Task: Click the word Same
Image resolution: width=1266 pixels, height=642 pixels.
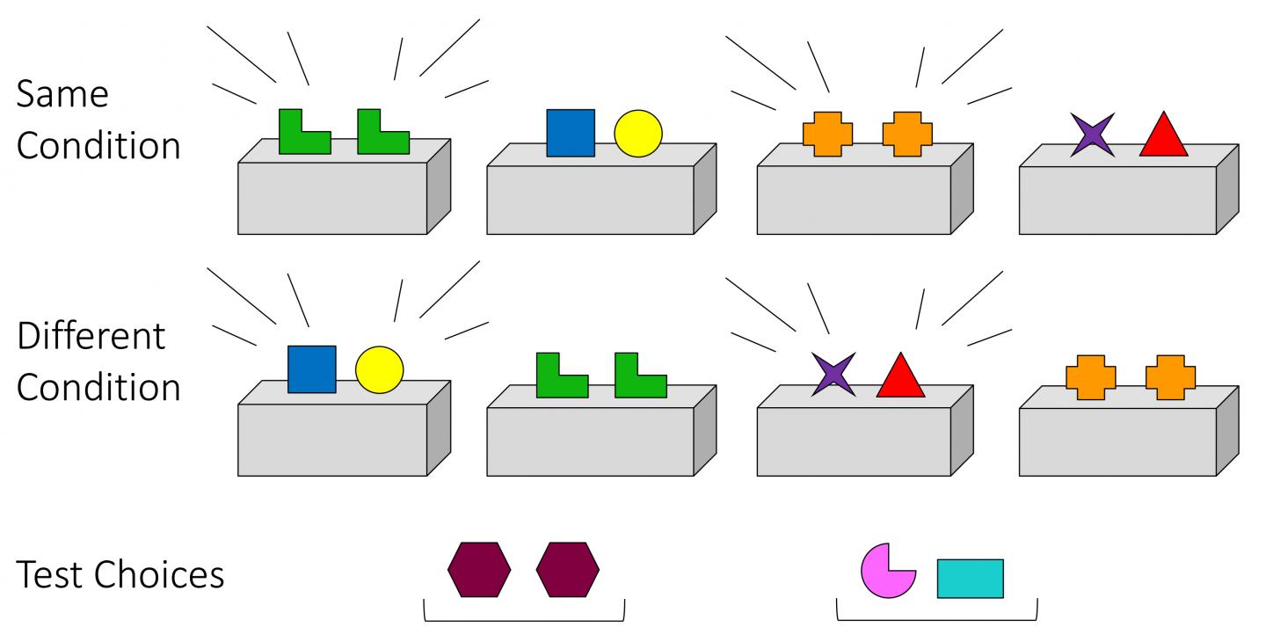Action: (x=62, y=93)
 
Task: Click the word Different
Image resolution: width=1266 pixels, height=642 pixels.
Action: (x=91, y=335)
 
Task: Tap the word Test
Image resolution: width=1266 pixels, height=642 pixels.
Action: (x=50, y=574)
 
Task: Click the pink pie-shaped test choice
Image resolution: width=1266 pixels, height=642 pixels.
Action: (x=885, y=572)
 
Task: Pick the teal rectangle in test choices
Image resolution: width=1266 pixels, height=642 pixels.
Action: (x=970, y=578)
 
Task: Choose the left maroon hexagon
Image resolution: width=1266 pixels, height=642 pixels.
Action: (x=479, y=570)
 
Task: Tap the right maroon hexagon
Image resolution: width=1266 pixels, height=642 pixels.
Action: (x=568, y=570)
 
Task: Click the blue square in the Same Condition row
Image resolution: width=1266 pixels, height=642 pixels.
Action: (x=571, y=133)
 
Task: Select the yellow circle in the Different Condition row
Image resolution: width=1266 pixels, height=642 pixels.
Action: (x=379, y=369)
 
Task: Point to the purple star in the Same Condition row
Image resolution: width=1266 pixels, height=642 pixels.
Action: (x=1092, y=135)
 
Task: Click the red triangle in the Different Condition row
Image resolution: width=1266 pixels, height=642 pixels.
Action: (x=900, y=377)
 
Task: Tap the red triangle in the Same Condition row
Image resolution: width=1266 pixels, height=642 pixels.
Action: (x=1164, y=136)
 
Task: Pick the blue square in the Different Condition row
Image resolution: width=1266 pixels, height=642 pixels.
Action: (x=312, y=369)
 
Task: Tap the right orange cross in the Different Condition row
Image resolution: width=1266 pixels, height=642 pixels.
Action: (x=1170, y=376)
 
